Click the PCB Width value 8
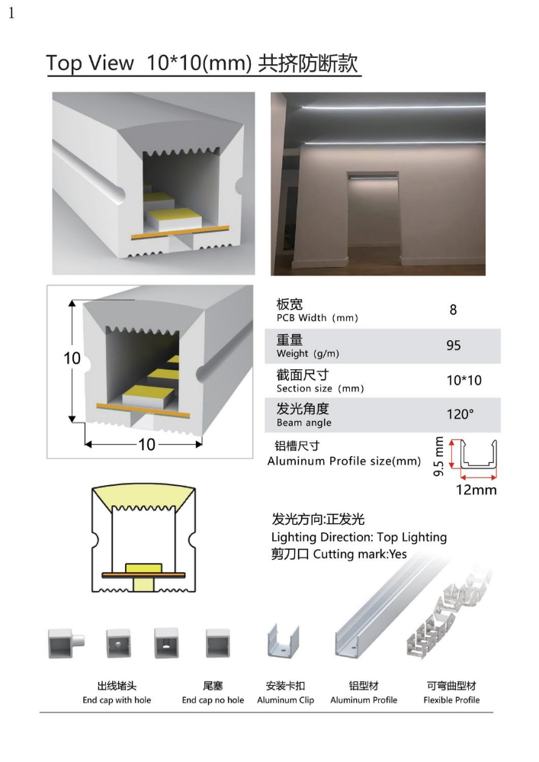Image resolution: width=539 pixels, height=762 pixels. [x=453, y=310]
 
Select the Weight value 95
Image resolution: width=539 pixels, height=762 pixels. [x=454, y=346]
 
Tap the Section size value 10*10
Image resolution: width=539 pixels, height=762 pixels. [x=464, y=381]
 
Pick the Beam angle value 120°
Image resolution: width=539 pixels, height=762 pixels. [x=460, y=415]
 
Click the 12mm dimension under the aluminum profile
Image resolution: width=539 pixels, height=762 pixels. [x=476, y=490]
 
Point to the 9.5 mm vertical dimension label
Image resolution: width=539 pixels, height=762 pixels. [x=438, y=457]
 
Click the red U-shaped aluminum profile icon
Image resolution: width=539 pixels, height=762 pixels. [x=476, y=456]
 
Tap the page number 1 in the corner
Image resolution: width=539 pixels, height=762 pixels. [x=11, y=14]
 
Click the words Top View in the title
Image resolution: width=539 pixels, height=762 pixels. [x=90, y=63]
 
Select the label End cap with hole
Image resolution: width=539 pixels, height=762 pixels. [x=117, y=699]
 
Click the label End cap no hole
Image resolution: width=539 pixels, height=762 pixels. [x=213, y=699]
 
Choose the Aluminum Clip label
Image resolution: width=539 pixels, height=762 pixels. [x=285, y=699]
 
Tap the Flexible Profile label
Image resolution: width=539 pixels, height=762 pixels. [x=451, y=699]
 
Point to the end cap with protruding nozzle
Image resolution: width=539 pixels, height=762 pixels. [x=66, y=643]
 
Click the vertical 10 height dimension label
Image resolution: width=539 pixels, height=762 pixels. [x=72, y=359]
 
